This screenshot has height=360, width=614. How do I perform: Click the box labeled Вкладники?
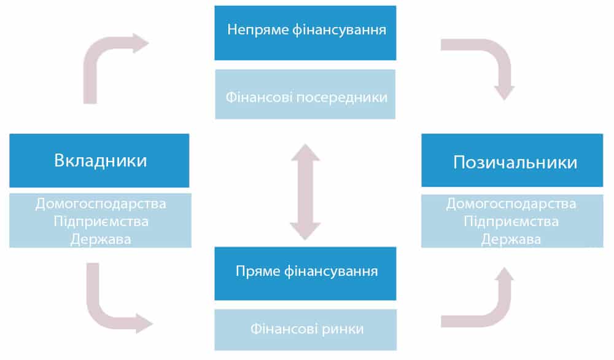[x=99, y=161]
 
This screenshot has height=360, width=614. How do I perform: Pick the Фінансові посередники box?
[x=305, y=97]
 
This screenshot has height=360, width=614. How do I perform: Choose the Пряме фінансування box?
[x=305, y=270]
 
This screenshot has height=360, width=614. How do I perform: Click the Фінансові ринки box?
[x=305, y=329]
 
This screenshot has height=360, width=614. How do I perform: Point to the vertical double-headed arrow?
[x=305, y=192]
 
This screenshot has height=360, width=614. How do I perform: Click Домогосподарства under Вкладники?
[x=101, y=203]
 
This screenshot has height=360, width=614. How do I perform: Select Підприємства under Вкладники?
[x=101, y=221]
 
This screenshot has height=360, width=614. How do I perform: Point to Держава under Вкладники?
[x=101, y=239]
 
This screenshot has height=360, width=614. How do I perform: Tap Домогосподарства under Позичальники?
[x=511, y=203]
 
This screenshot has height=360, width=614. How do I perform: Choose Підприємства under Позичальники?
[x=511, y=221]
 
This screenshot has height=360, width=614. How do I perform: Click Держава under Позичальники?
[x=511, y=239]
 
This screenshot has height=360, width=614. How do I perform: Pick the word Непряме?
[x=252, y=31]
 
